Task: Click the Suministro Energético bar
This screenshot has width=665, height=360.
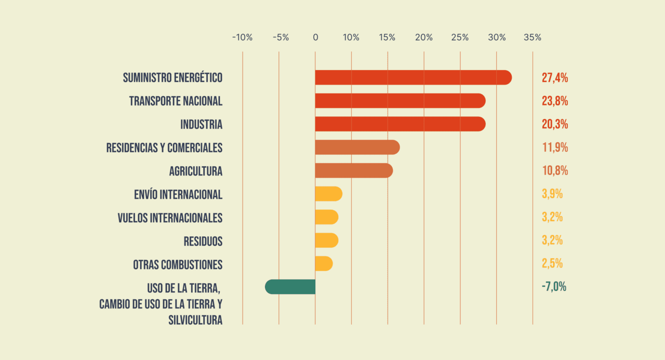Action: [413, 77]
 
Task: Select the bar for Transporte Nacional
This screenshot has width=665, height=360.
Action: [400, 101]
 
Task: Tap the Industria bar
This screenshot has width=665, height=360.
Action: [400, 124]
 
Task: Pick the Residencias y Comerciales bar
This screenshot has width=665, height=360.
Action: [357, 148]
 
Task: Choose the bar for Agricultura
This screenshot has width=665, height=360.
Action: [354, 170]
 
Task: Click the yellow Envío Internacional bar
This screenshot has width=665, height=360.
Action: [328, 194]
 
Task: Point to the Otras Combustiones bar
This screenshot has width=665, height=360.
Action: [324, 263]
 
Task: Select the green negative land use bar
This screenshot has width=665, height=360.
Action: [290, 287]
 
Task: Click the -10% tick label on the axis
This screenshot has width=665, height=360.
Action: [242, 37]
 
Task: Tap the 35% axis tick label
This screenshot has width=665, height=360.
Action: [533, 37]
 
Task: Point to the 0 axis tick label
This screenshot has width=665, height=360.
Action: [315, 37]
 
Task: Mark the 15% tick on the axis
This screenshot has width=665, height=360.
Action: [388, 37]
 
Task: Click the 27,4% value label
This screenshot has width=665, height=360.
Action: [555, 78]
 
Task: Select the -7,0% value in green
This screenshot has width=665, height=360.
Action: [554, 287]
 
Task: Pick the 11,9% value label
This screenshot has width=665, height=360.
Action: [555, 148]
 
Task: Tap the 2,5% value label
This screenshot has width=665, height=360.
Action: [552, 263]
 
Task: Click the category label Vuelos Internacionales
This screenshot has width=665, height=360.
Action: [170, 218]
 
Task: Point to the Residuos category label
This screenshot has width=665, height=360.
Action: [203, 241]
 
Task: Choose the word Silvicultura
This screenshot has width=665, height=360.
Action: [195, 320]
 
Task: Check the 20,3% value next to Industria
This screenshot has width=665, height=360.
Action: [555, 124]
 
